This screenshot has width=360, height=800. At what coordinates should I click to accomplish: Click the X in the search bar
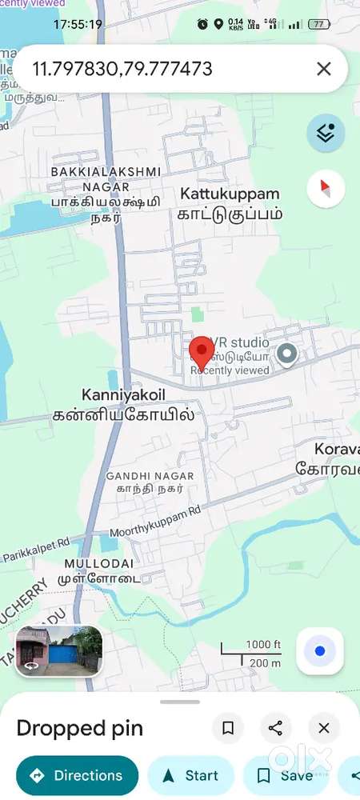pos(323,69)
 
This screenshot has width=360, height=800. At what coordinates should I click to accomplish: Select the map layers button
pos(326,133)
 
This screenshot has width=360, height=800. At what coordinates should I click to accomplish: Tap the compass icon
pos(326,189)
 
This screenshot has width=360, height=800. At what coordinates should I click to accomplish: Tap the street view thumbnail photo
pos(58,647)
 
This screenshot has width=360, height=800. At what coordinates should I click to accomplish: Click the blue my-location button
pos(320,651)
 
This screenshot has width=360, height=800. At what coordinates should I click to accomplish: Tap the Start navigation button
pos(190,775)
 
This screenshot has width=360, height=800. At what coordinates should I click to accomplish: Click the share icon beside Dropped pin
pos(275,728)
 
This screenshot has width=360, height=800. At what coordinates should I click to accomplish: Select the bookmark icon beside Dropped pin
pos(228,728)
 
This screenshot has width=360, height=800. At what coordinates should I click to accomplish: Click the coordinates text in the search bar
pos(122,69)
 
